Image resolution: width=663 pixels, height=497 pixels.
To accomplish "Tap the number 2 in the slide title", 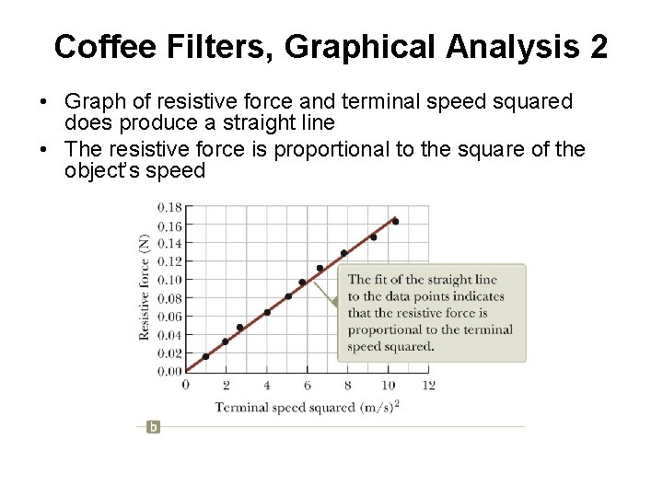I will [597, 46].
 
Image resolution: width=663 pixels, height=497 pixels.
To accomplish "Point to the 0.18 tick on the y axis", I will [169, 207].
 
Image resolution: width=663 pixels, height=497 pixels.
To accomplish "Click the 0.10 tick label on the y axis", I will [169, 280].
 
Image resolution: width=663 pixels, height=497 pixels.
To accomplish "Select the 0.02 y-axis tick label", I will [169, 353].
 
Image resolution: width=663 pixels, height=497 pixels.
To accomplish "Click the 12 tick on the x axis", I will [428, 385].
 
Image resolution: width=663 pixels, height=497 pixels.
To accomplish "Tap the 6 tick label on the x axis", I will [308, 385].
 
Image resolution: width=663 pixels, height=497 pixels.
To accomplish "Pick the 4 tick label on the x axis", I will [267, 385].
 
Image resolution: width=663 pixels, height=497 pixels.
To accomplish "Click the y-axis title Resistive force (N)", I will [145, 286].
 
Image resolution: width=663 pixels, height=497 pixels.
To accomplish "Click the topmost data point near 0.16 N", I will [395, 222].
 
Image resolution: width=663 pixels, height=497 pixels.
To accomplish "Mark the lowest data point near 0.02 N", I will [205, 356].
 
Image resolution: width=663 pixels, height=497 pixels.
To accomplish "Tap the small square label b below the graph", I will [153, 426].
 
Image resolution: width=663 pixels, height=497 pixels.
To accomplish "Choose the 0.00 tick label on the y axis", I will [169, 371].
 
